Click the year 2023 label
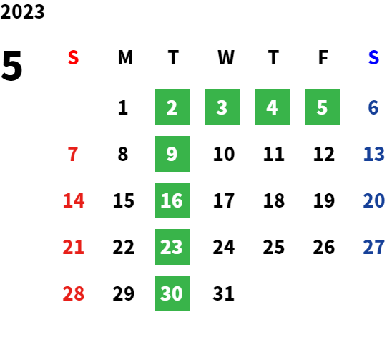coord(22,11)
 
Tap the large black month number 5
coord(11,66)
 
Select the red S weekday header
coord(73,57)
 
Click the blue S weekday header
coord(373,57)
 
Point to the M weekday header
coord(125,57)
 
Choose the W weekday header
coord(226,57)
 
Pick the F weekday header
coord(323,57)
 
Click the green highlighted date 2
coord(172,107)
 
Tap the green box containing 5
coord(323,107)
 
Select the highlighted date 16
coord(172,200)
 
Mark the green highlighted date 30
coord(172,293)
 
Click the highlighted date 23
coord(172,247)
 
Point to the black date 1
coord(123,107)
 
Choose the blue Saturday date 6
coord(373,107)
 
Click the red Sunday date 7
coord(73,154)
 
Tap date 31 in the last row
coord(224,293)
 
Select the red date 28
coord(74,293)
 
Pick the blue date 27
coord(373,247)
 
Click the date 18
coord(274,200)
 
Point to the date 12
coord(324,154)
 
